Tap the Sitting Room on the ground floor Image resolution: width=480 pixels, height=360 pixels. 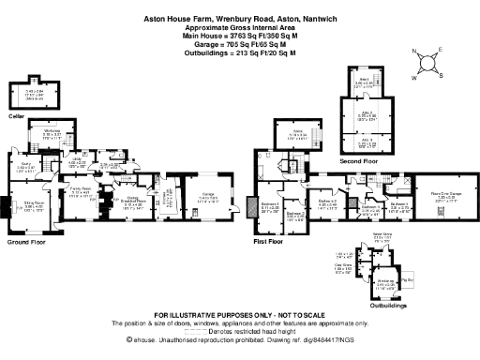pyautogui.click(x=35, y=203)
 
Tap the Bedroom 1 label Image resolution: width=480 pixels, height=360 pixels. pyautogui.click(x=270, y=207)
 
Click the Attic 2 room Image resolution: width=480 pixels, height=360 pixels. pyautogui.click(x=367, y=118)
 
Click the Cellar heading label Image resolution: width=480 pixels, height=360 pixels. pyautogui.click(x=16, y=117)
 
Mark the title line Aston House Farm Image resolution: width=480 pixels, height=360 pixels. pyautogui.click(x=239, y=17)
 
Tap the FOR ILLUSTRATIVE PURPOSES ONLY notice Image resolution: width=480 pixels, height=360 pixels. pyautogui.click(x=239, y=314)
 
